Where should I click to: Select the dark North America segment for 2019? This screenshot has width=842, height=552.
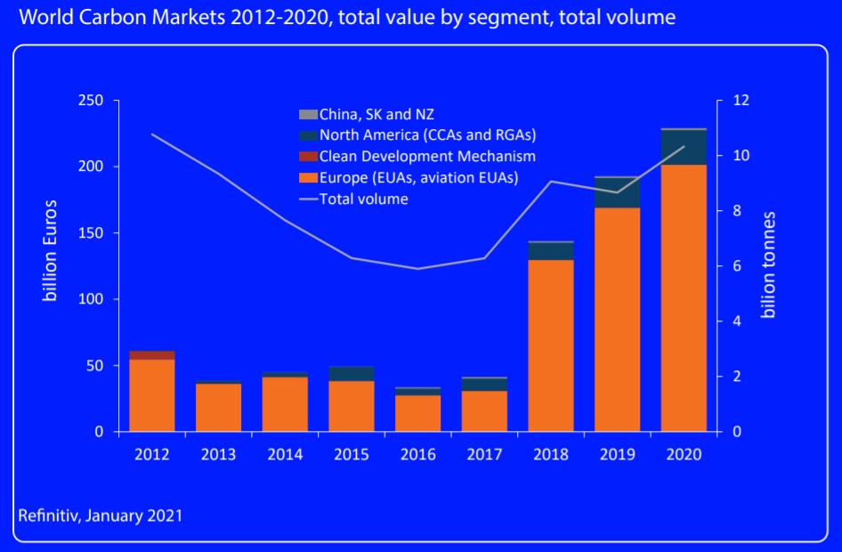(x=617, y=192)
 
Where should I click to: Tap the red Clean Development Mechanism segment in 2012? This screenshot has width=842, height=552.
(x=152, y=354)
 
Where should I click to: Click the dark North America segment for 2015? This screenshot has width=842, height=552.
(x=352, y=373)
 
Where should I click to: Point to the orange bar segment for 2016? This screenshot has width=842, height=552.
(x=418, y=413)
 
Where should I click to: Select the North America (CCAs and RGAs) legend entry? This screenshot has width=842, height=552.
(x=418, y=135)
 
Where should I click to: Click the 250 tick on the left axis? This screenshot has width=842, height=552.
(x=93, y=101)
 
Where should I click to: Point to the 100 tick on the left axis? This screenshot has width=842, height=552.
(x=93, y=299)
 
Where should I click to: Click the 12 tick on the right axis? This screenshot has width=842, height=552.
(x=741, y=101)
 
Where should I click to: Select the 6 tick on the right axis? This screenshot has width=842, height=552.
(x=737, y=266)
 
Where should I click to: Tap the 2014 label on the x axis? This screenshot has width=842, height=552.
(x=285, y=454)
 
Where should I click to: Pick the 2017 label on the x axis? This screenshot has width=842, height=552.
(x=484, y=454)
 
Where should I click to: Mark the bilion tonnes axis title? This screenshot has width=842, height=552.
(x=769, y=264)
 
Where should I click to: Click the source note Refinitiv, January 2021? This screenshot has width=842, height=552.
(x=100, y=515)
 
